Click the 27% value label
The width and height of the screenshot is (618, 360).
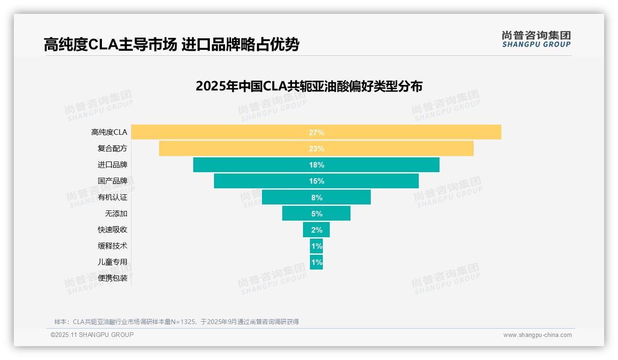(316, 132)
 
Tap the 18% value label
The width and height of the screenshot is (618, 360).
(316, 165)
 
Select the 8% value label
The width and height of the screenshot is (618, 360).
(316, 198)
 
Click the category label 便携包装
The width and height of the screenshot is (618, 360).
(113, 278)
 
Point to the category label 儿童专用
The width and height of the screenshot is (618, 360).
(113, 262)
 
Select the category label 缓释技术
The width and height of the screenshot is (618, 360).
(113, 246)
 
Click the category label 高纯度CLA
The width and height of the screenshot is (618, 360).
(109, 132)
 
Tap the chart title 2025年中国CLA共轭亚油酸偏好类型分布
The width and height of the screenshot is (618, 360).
(309, 86)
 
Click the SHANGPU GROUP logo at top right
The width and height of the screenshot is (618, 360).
(536, 39)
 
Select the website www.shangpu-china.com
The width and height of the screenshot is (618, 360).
(537, 335)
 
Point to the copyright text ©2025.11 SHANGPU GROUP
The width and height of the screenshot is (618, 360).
(92, 335)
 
